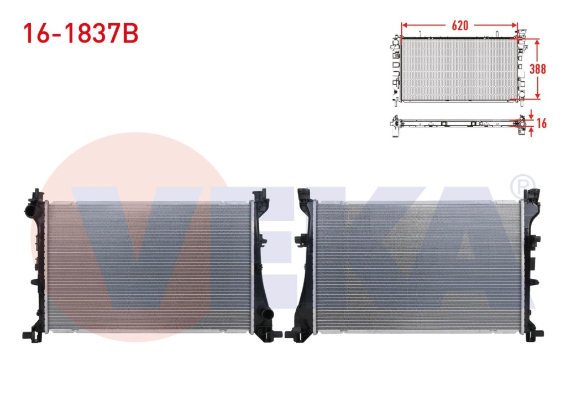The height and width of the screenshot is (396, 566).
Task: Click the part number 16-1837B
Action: pos(81,34)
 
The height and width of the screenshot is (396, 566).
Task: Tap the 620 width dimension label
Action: pos(460,25)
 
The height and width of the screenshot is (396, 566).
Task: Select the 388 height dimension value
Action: pos(537,69)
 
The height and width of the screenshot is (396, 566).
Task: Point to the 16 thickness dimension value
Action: pos(542,123)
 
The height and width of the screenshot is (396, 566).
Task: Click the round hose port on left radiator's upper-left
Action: pos(30,210)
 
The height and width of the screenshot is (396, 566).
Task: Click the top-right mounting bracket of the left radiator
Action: pos(261,197)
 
